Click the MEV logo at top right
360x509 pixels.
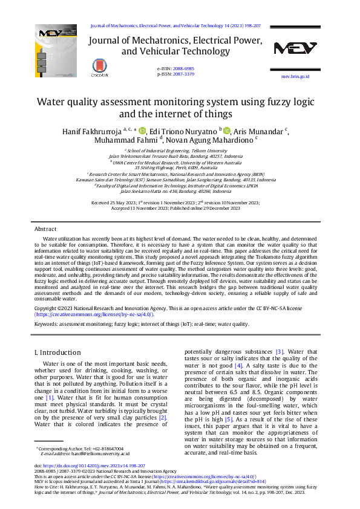tap(295, 49)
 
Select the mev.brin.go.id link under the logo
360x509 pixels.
tap(295, 77)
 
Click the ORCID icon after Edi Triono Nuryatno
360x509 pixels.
tap(227, 131)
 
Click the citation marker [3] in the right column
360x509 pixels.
tap(280, 351)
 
